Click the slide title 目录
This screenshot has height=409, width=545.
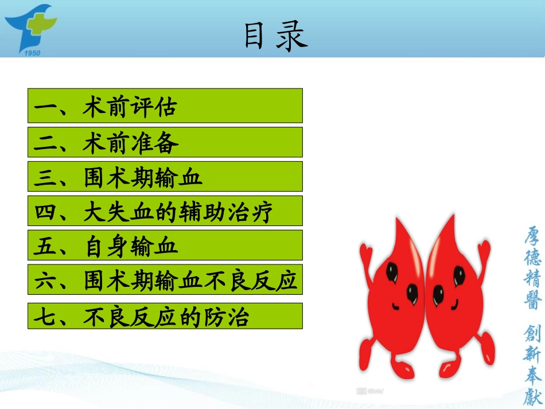point(276,36)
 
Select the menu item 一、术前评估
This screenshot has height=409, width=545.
point(165,106)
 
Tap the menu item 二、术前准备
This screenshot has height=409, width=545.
point(165,142)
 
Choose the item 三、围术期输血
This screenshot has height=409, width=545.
point(165,177)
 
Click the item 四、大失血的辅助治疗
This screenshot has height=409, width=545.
point(165,211)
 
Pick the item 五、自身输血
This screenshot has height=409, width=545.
point(165,246)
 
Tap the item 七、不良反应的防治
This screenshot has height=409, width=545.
point(165,316)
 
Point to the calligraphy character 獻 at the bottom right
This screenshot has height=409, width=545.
point(532,396)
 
